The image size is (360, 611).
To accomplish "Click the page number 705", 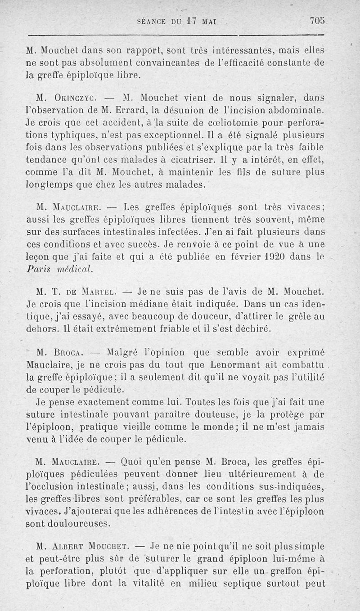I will tap(317, 21).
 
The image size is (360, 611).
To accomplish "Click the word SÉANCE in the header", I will tap(153, 21).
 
